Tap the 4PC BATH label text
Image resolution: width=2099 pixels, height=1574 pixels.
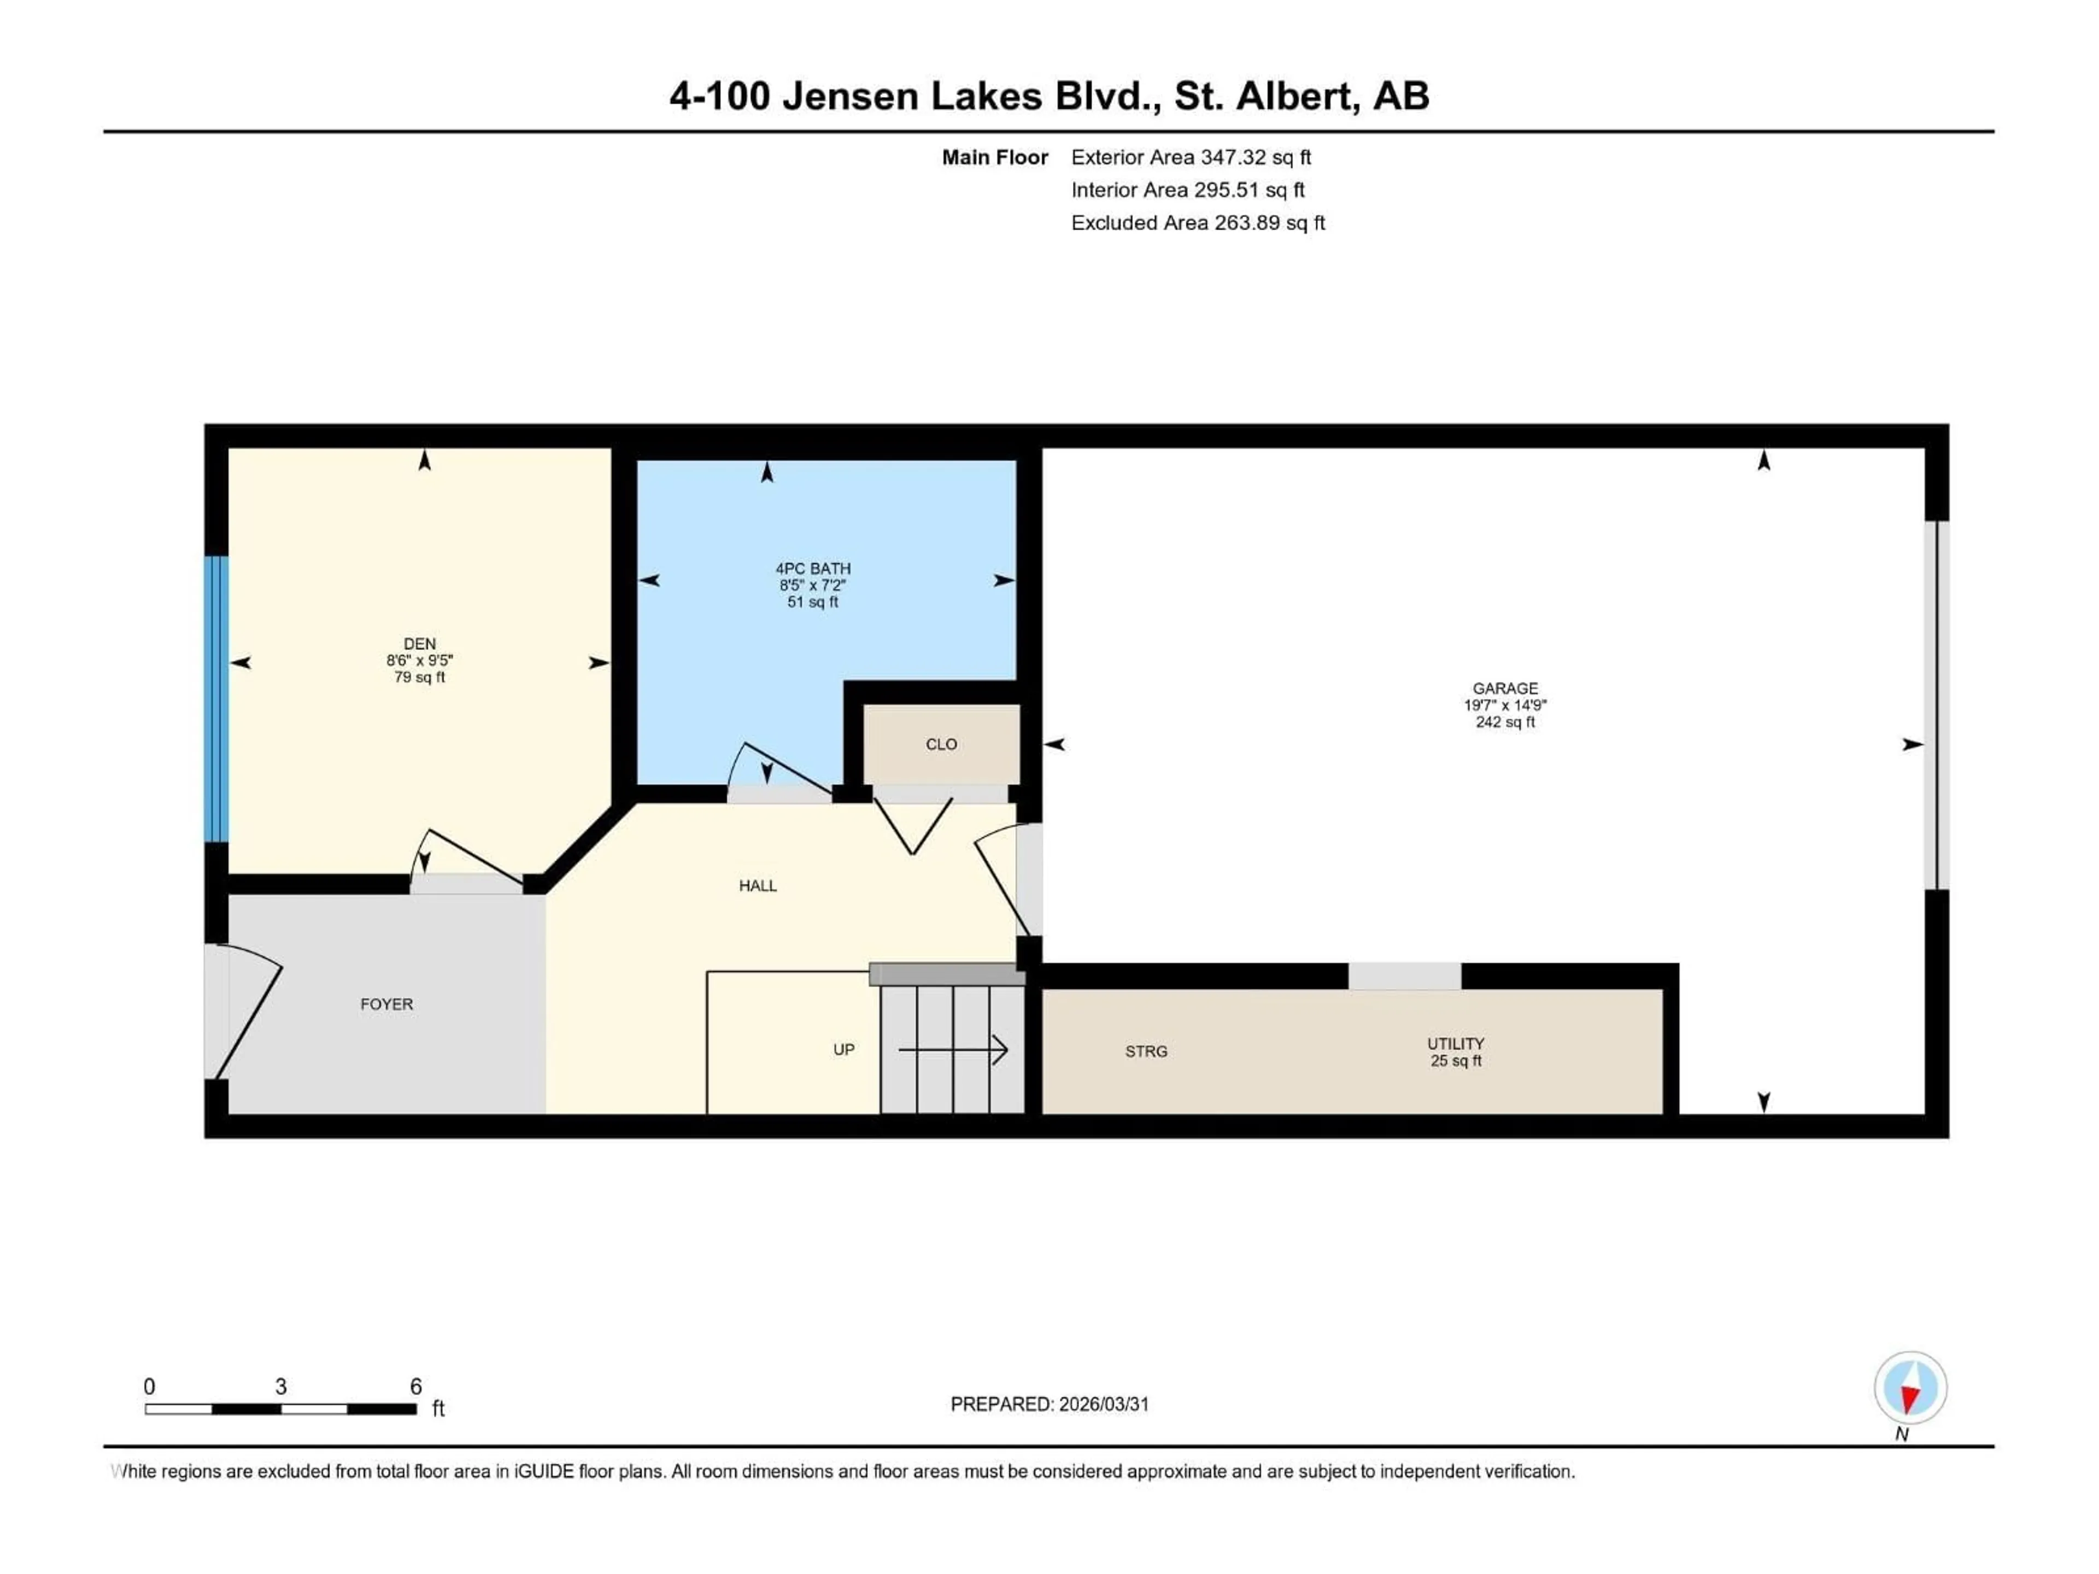coord(813,568)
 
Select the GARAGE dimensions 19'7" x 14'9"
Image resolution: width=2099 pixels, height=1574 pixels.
coord(1505,705)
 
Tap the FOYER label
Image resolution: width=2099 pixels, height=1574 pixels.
coord(386,1004)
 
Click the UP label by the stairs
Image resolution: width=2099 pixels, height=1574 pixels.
coord(843,1049)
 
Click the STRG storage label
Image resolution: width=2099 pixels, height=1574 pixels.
coord(1146,1051)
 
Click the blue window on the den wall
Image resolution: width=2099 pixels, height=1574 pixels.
coord(218,699)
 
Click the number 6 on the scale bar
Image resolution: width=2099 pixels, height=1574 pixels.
coord(415,1386)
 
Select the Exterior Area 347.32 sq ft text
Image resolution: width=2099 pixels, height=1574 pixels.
coord(1191,157)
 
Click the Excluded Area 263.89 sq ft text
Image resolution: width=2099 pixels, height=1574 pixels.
coord(1198,223)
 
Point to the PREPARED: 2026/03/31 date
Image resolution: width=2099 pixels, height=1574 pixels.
coord(1049,1404)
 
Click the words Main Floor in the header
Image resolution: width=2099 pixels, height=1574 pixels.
coord(994,157)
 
